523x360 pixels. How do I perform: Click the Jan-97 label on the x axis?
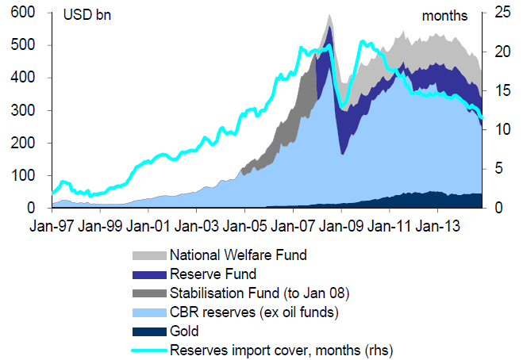coord(53,227)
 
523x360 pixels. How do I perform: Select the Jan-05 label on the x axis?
coord(246,227)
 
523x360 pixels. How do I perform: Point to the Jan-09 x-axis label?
coord(342,227)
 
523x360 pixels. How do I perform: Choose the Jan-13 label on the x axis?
coord(439,227)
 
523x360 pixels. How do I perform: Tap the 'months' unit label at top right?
coord(445,16)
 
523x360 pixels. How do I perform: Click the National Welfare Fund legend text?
coord(237,255)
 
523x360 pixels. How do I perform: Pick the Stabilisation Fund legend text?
coord(259,293)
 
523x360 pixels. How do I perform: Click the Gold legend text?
coord(184,330)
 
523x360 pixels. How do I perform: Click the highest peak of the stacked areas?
coord(329,13)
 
